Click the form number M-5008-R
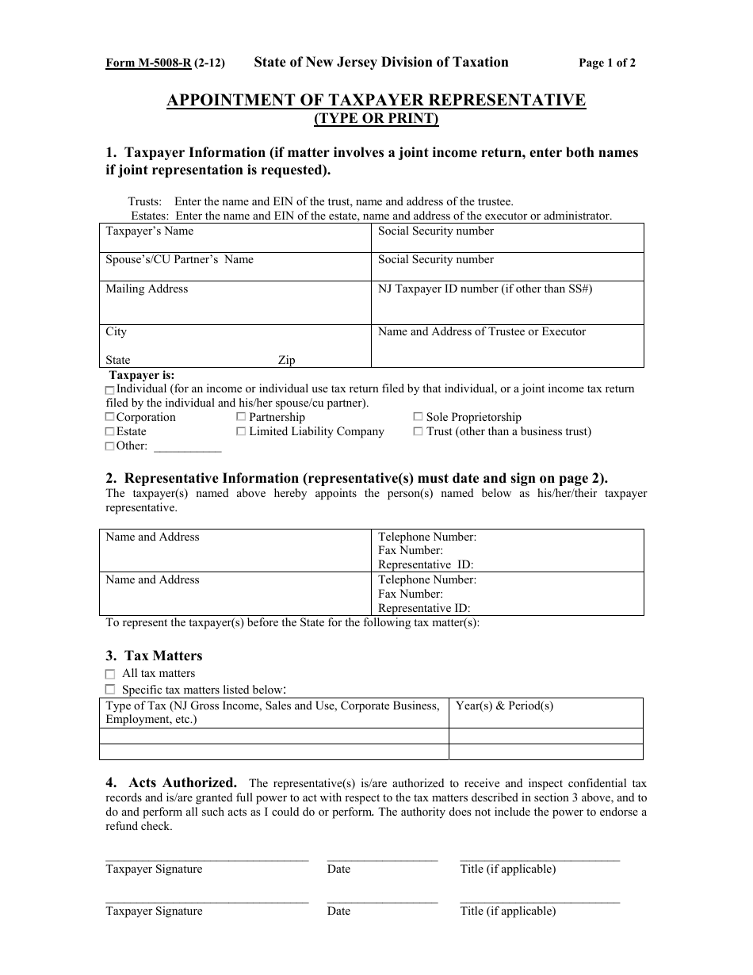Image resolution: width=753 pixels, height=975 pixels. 148,63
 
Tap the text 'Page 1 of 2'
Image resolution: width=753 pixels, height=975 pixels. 607,63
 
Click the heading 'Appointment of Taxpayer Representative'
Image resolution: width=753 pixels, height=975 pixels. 376,100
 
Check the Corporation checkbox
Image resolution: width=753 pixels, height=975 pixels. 109,417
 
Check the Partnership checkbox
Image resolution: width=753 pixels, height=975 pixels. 241,417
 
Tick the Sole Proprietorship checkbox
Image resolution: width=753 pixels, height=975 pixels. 418,417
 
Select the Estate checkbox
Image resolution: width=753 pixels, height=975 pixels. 109,431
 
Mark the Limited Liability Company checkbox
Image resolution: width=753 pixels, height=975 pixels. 241,431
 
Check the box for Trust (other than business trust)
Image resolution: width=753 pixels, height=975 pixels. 418,431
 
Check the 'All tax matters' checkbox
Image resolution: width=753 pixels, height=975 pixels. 110,674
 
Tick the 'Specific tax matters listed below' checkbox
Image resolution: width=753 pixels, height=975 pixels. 110,690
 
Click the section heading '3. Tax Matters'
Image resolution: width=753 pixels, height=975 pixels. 154,656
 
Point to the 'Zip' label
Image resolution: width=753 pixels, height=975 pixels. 286,360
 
